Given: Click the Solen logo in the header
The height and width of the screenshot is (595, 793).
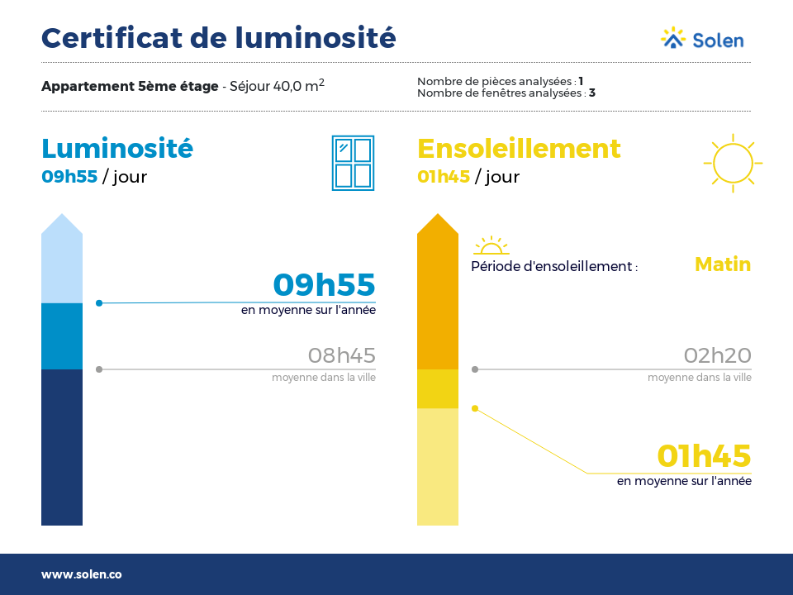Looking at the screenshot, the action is [x=702, y=39].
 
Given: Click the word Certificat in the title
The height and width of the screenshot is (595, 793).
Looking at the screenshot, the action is [x=112, y=38].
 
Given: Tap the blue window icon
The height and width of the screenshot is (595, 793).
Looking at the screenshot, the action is [x=353, y=163].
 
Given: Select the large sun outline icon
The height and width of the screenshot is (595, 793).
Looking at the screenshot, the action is [x=733, y=163].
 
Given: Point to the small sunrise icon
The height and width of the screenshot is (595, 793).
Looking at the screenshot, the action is [x=491, y=245].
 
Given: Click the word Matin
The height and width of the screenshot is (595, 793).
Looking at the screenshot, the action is [x=723, y=264].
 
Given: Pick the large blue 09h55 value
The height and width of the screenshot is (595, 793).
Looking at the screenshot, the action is [x=324, y=284].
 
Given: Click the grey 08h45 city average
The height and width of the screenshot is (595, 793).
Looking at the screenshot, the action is [x=342, y=355].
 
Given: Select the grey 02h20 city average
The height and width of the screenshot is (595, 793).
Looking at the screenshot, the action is [x=718, y=355].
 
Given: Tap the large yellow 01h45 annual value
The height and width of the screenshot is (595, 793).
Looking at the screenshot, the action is [x=704, y=456].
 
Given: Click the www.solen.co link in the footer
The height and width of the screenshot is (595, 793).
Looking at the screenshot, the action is [x=82, y=574].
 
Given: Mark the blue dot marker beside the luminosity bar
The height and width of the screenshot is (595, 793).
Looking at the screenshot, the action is [x=99, y=303].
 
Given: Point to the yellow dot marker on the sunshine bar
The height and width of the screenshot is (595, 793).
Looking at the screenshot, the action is [x=475, y=408].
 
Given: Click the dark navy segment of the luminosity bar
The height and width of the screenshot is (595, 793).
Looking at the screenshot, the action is [x=62, y=447].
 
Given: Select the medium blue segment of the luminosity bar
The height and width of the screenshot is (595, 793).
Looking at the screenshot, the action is [x=62, y=336].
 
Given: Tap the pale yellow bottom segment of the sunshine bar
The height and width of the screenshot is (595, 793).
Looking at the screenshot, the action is [x=438, y=466].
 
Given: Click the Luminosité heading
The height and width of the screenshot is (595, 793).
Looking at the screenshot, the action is [x=117, y=148].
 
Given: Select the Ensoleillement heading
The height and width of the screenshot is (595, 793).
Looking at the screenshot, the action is [x=519, y=149].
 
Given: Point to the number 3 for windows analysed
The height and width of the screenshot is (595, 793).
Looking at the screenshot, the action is [x=592, y=93].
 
